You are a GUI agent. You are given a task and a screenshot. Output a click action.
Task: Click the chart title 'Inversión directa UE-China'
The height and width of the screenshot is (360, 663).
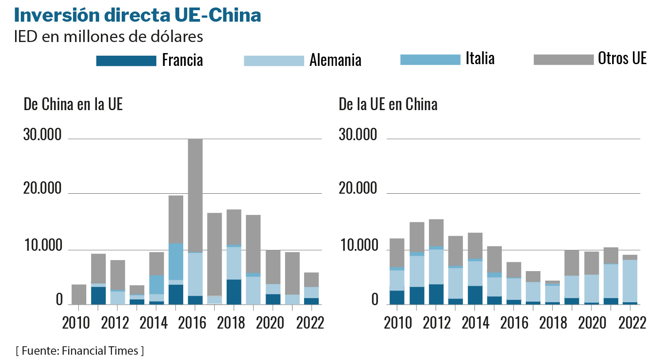pos(137,15)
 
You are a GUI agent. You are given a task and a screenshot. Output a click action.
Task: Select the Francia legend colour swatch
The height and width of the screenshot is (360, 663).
pos(126,61)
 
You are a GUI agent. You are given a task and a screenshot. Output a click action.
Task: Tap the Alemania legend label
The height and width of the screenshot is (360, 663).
pos(335,60)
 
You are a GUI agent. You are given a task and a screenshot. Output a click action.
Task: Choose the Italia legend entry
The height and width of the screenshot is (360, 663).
pos(480,58)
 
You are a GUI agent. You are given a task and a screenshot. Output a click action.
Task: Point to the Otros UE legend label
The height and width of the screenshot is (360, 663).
pos(622,58)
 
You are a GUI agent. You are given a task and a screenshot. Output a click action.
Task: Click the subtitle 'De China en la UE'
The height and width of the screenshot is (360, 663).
pos(73,104)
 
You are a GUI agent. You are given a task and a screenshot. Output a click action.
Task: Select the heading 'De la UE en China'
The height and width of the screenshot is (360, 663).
pos(388,104)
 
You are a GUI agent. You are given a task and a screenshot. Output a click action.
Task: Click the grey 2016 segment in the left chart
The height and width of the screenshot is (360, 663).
pos(195,195)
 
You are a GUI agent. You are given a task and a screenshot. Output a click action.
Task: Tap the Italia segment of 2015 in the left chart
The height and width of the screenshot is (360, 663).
pos(176,261)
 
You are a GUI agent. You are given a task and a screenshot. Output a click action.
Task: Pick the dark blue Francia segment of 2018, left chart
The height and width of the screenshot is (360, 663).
pos(234,292)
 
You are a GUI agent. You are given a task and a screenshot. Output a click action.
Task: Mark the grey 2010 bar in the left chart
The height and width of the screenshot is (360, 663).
pos(79,295)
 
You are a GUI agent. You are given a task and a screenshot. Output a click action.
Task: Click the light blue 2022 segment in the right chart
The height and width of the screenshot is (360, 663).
pos(630,281)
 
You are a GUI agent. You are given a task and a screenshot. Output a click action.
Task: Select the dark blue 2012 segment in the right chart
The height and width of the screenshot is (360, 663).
pos(436,294)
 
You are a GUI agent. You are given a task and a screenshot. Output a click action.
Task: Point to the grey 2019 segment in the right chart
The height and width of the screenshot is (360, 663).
pos(571,263)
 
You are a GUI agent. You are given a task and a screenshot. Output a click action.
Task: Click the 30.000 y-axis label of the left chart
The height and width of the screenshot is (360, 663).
pos(42,135)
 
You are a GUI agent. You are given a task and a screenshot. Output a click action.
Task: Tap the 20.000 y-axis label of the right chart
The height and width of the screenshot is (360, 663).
pos(358,188)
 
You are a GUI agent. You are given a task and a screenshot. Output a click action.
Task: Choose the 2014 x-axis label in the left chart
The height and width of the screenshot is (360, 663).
pos(153,323)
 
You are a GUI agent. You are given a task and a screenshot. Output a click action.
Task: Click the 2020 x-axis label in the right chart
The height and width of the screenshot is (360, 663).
pos(592,323)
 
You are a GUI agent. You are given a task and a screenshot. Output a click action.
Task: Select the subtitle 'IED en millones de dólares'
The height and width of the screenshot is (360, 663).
pos(108,36)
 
